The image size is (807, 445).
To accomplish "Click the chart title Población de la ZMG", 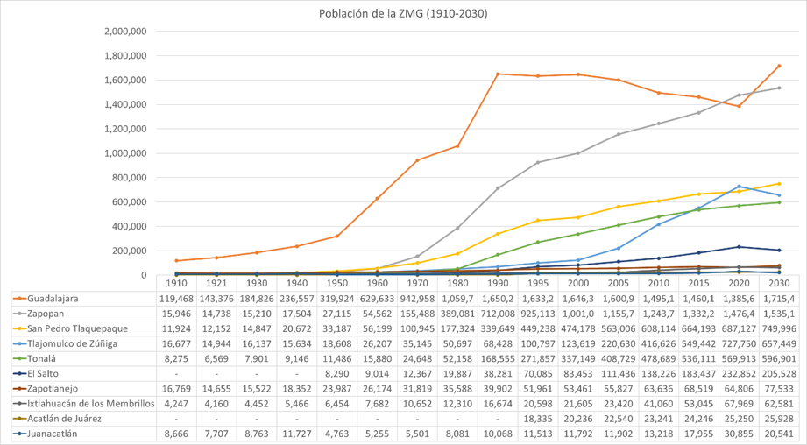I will [404, 14].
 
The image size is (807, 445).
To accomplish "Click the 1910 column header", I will [176, 284].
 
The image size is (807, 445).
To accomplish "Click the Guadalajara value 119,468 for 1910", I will [176, 299].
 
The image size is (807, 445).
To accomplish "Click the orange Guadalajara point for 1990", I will [498, 74].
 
